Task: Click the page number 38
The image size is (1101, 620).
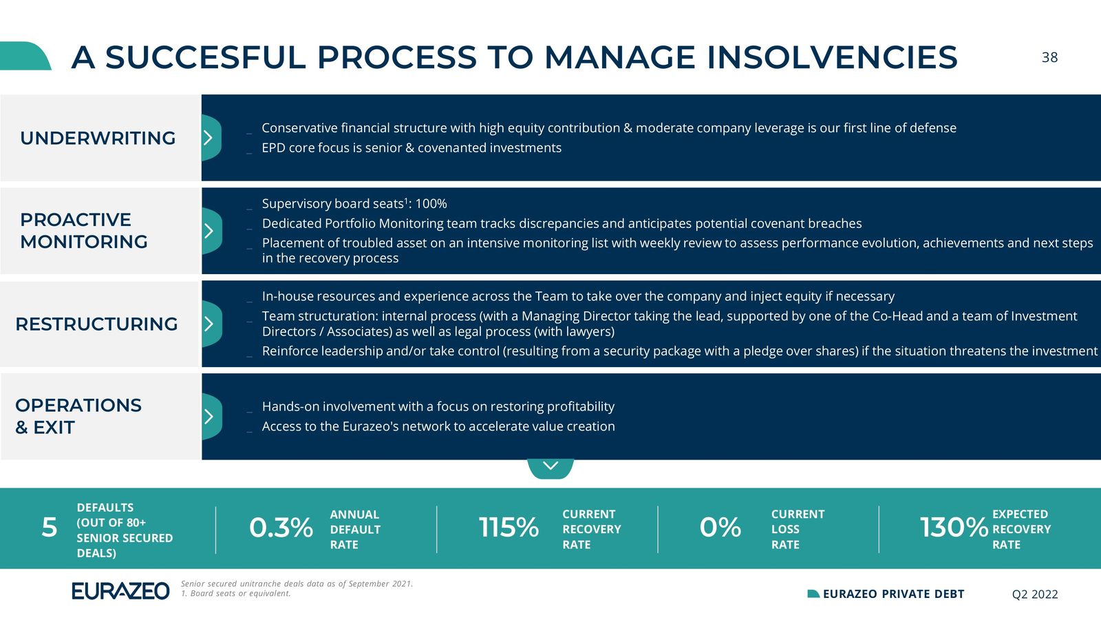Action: [1049, 58]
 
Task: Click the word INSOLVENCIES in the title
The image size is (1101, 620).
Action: [832, 57]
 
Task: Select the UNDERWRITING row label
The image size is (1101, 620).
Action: [98, 138]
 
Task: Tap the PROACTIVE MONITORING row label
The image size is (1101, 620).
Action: [83, 231]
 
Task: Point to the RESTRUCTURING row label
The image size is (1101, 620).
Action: [96, 324]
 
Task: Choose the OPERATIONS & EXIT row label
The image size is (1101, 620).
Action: [78, 416]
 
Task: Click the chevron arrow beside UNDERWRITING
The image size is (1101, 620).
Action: [209, 138]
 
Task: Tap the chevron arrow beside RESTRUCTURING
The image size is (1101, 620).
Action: [209, 324]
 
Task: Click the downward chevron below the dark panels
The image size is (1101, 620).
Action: [550, 466]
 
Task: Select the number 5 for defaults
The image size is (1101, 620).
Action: [49, 528]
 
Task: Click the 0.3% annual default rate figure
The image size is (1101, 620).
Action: [281, 528]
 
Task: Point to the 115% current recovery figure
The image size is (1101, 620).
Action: [509, 528]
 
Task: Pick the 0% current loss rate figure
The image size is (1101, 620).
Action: [720, 528]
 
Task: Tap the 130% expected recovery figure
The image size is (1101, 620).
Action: [954, 528]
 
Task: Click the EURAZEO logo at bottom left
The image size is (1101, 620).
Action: [120, 591]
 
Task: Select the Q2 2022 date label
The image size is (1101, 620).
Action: [1035, 595]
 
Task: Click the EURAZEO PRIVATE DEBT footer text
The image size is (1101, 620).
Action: [893, 594]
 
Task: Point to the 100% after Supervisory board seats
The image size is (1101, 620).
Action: [431, 204]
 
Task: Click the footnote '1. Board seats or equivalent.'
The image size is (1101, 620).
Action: [236, 593]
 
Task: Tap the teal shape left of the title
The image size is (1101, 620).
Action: [25, 56]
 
